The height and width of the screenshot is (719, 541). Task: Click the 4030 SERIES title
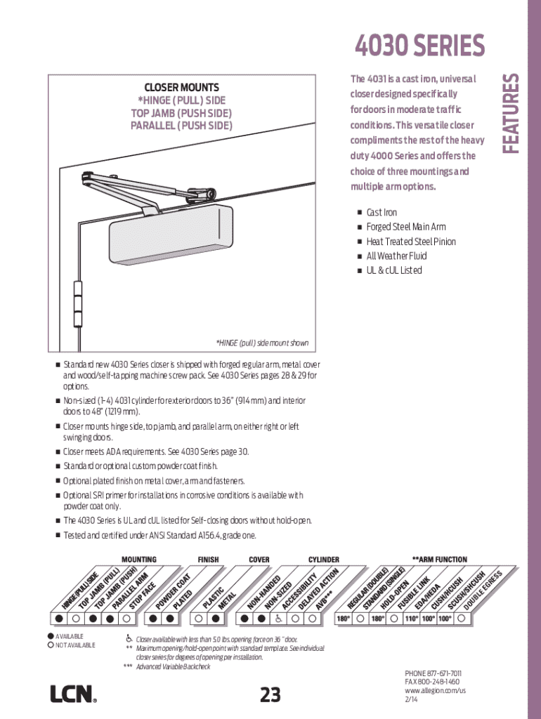click(420, 47)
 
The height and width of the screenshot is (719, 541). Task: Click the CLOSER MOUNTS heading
click(182, 87)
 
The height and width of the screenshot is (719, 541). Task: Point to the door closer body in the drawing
click(170, 235)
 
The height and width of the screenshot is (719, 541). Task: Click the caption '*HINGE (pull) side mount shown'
click(262, 343)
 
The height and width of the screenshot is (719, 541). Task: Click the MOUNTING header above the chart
click(139, 560)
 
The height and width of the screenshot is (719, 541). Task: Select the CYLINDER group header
click(323, 560)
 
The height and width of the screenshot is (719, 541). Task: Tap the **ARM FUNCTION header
click(439, 560)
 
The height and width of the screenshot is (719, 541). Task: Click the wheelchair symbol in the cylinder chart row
click(278, 619)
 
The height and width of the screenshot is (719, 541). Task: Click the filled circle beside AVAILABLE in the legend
click(51, 636)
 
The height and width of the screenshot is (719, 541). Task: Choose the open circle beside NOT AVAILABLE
click(51, 645)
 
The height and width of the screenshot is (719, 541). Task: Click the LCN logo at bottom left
click(72, 694)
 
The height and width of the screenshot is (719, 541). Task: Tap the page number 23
click(270, 695)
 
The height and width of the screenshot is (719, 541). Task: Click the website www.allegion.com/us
click(436, 691)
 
